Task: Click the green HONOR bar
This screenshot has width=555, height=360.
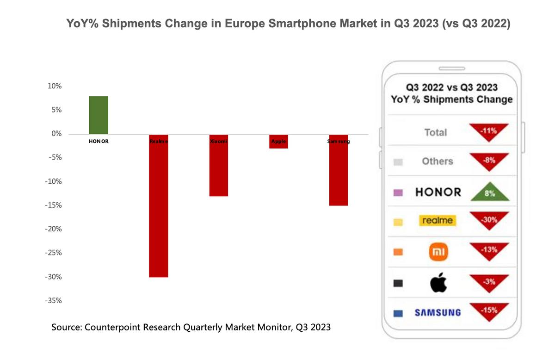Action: point(99,115)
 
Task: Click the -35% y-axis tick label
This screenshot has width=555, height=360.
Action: point(53,301)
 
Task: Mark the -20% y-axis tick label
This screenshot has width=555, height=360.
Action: point(53,229)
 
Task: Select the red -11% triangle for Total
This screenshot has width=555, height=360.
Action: point(489,131)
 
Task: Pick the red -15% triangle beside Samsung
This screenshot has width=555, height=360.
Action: point(489,310)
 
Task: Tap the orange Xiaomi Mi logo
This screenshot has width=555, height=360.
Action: point(438,252)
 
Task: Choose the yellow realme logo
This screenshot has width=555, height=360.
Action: point(438,220)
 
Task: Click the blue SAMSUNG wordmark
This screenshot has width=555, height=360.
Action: point(438,312)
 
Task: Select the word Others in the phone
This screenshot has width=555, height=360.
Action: point(437,161)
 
